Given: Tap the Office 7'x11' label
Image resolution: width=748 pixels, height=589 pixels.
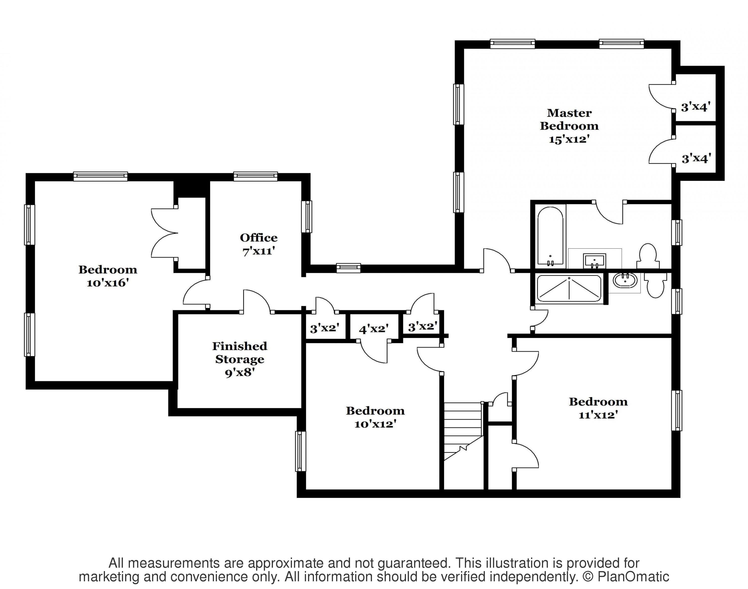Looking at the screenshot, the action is pos(259,244).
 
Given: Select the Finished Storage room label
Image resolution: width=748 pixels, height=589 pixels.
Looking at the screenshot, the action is pos(240,352).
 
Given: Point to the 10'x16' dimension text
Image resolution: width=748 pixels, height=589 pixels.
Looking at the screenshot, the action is pos(108,283).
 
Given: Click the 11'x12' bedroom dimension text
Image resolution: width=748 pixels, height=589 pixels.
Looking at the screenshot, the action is pos(598,415).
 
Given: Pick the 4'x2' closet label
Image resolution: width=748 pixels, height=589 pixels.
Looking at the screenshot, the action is pos(374,329).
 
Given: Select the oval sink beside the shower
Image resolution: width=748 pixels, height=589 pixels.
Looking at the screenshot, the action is pos(625,280).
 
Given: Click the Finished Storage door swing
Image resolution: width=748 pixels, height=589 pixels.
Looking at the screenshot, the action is pos(257,301).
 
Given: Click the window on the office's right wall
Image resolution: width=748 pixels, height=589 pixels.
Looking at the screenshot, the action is pos(307,216).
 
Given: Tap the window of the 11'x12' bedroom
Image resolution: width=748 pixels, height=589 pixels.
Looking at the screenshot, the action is pos(677,410).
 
